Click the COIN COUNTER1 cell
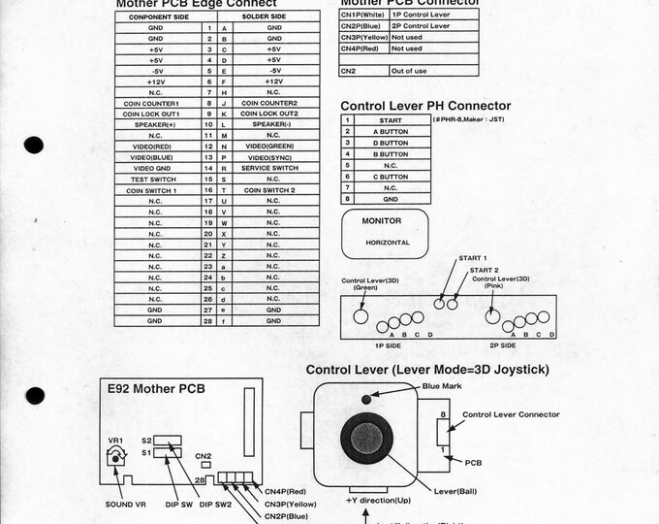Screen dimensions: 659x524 coord(156,103)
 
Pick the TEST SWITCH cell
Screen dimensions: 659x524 coord(156,179)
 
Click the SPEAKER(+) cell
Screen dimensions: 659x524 coord(156,124)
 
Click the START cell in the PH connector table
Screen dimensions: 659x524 coord(391,120)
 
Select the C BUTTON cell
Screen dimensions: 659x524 coord(391,177)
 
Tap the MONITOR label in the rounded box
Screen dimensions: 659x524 coord(382,221)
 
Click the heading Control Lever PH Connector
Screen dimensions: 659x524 coord(425,105)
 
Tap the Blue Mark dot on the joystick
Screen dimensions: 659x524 coord(365,398)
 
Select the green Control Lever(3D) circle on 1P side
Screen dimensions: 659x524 coord(361,315)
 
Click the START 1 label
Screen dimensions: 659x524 coord(472,258)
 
